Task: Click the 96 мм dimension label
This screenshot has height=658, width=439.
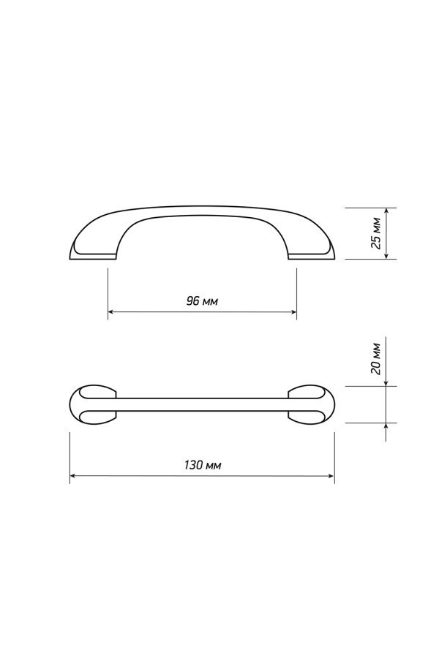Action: pos(202,301)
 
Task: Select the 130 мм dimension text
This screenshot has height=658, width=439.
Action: pos(203,465)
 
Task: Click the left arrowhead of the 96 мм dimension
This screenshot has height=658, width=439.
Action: pos(111,311)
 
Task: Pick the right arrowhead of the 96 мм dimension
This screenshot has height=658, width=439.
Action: pos(293,311)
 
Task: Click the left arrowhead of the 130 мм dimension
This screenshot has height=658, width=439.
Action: pos(73,476)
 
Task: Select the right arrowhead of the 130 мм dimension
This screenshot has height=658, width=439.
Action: pos(331,476)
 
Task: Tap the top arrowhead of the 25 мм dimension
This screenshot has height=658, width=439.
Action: pos(386,211)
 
